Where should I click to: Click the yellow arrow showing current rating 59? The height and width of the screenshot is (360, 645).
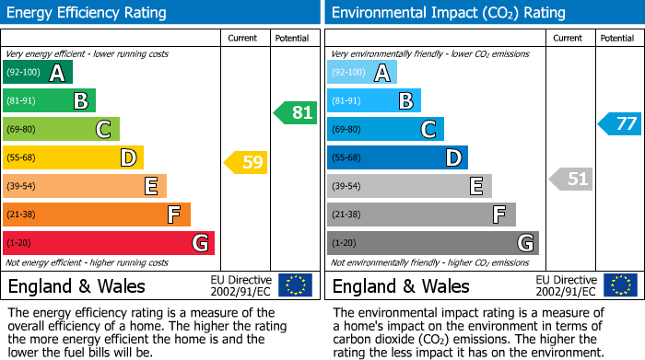(x=246, y=163)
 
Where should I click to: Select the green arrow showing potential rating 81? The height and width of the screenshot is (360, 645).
(x=296, y=113)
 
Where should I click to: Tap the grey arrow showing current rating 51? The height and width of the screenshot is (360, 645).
(x=571, y=179)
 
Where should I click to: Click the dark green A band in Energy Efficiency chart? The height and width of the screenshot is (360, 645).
(x=38, y=73)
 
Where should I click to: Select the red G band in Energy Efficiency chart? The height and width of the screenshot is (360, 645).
(x=109, y=243)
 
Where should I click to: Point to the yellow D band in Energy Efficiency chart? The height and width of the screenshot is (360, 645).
(x=74, y=158)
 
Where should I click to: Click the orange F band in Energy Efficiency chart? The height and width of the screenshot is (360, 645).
(x=97, y=215)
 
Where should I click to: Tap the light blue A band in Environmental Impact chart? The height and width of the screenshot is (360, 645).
(x=362, y=73)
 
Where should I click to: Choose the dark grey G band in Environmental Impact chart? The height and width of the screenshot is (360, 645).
(x=433, y=243)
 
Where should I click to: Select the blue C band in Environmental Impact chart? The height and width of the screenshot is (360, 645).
(x=385, y=130)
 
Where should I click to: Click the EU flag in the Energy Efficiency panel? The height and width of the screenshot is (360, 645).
(x=295, y=285)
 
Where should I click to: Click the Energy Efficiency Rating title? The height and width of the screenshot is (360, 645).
(x=88, y=13)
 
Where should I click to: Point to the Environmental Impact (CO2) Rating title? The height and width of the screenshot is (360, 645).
(x=435, y=13)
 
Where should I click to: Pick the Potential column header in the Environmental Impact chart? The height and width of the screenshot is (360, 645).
(x=617, y=38)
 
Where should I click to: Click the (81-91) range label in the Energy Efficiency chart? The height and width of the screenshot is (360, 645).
(x=22, y=101)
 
